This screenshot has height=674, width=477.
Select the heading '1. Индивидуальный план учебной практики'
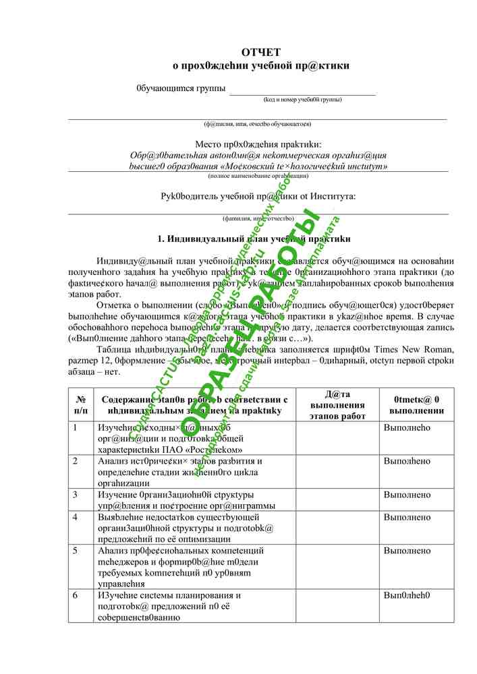pyautogui.click(x=254, y=239)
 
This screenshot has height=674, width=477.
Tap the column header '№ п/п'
pyautogui.click(x=81, y=404)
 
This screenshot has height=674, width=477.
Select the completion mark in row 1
pyautogui.click(x=407, y=427)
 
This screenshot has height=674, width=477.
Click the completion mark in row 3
pyautogui.click(x=407, y=495)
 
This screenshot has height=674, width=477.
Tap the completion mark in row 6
pyautogui.click(x=407, y=596)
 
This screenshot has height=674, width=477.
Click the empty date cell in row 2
pyautogui.click(x=337, y=472)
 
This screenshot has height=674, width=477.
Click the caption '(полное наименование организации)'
pyautogui.click(x=258, y=176)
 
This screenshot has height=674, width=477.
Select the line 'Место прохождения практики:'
pyautogui.click(x=258, y=144)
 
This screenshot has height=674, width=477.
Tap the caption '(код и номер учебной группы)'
pyautogui.click(x=302, y=100)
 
